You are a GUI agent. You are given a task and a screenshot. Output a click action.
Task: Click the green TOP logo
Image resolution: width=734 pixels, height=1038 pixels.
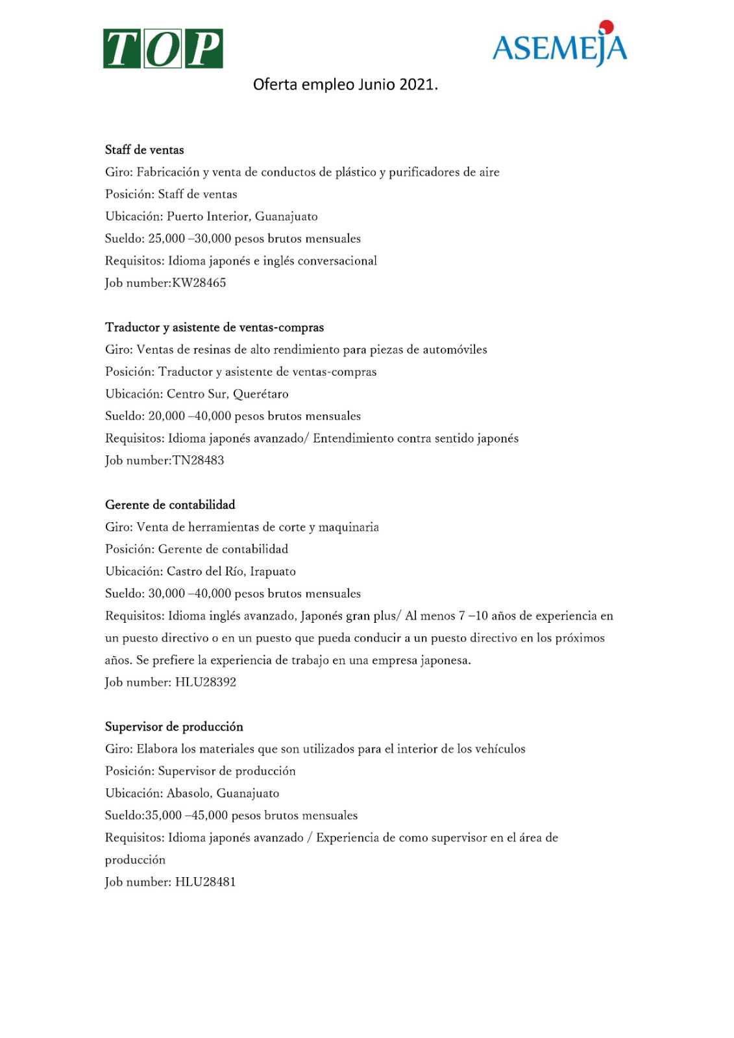click(163, 49)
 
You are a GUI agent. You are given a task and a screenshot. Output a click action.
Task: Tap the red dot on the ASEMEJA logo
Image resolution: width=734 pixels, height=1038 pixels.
click(606, 27)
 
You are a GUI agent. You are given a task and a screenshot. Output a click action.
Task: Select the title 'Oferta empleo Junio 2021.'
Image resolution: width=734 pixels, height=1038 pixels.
click(345, 84)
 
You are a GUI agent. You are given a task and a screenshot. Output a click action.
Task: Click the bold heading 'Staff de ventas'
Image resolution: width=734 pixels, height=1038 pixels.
click(144, 150)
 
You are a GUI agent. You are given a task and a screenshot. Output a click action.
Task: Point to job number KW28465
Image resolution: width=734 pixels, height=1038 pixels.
click(199, 283)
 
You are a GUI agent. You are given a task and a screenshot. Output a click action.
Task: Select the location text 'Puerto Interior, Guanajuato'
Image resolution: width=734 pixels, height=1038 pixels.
click(242, 217)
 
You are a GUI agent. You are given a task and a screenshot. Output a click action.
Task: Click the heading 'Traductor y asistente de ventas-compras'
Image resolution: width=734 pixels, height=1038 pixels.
click(214, 328)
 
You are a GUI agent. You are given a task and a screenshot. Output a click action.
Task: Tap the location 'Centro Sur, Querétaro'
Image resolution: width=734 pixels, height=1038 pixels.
click(227, 394)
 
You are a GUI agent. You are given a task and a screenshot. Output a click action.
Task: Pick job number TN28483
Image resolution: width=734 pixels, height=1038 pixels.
click(198, 461)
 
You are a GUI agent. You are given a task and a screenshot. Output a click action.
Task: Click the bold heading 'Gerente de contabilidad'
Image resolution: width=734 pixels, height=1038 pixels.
click(170, 505)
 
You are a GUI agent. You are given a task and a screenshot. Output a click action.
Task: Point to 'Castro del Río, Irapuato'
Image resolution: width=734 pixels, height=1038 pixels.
click(231, 572)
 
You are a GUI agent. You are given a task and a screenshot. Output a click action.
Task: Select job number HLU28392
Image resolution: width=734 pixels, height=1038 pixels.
click(205, 682)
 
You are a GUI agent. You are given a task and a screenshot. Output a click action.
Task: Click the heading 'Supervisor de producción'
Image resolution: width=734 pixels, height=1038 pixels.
click(174, 727)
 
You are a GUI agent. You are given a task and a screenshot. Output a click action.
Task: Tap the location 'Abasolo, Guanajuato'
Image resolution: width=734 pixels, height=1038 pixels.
click(223, 793)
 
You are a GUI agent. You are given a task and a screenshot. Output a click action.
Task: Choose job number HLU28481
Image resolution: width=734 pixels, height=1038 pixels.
click(205, 882)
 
